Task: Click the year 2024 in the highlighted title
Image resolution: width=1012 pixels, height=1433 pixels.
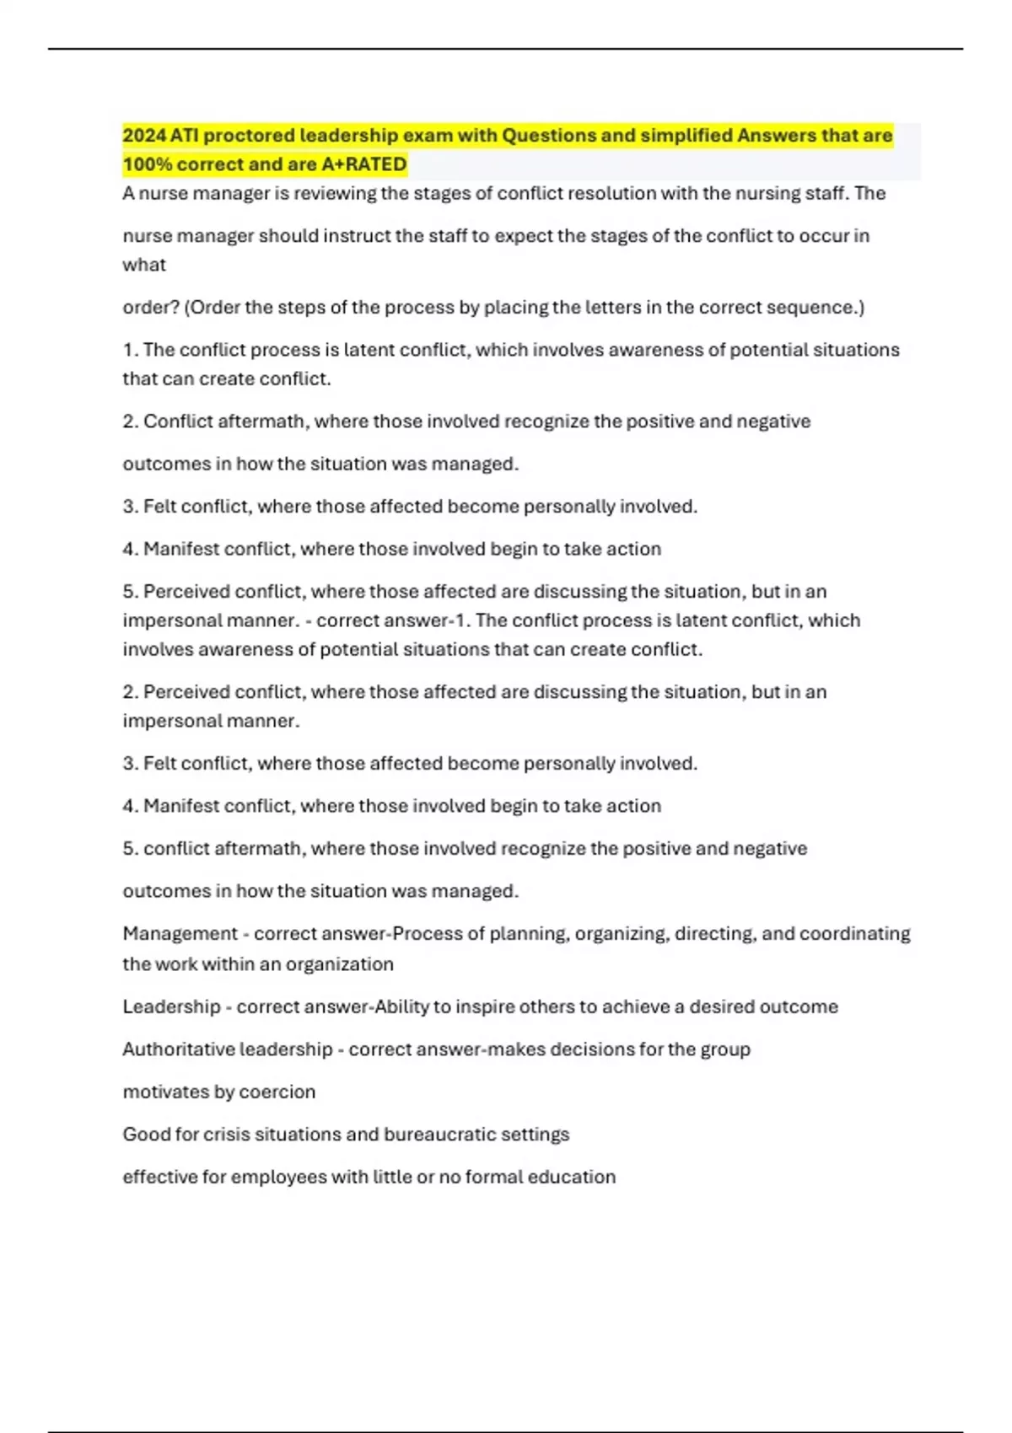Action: (144, 136)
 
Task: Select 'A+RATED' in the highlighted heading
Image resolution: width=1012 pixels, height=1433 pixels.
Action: (364, 164)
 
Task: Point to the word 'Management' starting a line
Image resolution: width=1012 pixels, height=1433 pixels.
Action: (180, 934)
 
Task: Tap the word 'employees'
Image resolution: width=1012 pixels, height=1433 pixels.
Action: (278, 1178)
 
